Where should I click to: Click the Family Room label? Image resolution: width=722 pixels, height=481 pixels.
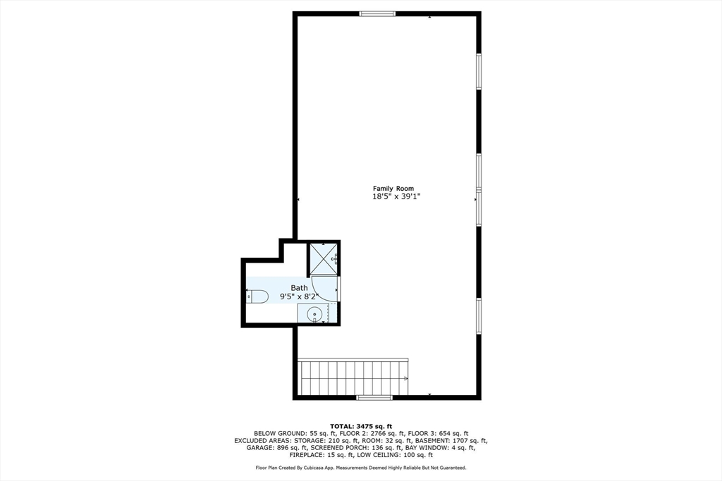coord(393,188)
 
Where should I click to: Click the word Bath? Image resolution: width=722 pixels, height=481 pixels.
coord(300,287)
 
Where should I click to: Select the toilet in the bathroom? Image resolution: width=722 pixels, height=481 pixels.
coord(257,296)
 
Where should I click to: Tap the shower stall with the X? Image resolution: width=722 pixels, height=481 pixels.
coord(324,258)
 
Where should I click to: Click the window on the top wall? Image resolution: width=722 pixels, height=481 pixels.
coord(377,13)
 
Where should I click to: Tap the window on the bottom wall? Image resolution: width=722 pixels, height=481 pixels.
coord(374,398)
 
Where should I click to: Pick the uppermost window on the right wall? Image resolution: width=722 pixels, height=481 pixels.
coord(479,72)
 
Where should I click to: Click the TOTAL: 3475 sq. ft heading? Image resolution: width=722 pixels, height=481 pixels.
coord(360,426)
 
